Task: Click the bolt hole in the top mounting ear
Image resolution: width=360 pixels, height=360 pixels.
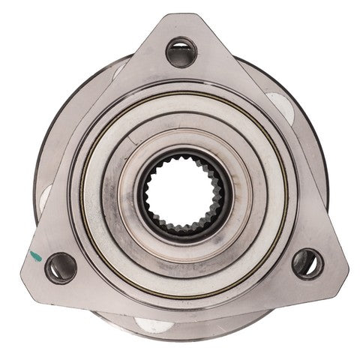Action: click(x=181, y=52)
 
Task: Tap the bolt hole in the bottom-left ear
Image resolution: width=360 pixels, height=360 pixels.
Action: click(x=60, y=267)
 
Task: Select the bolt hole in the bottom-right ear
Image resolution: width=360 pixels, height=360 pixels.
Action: click(x=307, y=264)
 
